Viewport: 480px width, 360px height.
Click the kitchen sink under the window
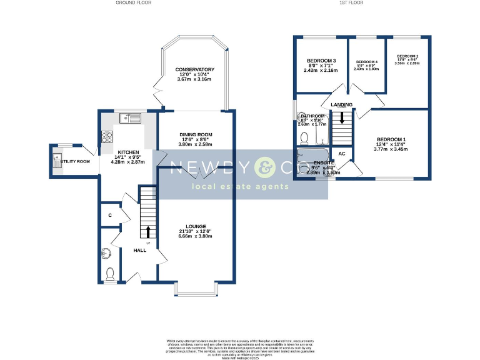(x=132, y=117)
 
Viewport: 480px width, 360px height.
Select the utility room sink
(x=57, y=164)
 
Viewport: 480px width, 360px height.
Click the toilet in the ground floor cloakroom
(x=110, y=274)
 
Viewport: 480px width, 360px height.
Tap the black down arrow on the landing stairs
(x=341, y=116)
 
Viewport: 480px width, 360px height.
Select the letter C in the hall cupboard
(x=109, y=216)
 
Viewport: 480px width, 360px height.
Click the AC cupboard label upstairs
(x=342, y=153)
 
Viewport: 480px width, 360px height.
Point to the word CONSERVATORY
(x=195, y=69)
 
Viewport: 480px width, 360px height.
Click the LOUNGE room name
(x=195, y=226)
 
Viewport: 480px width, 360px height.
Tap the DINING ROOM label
(x=196, y=134)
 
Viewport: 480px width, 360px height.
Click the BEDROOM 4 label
(x=366, y=62)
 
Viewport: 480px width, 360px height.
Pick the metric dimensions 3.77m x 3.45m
(x=391, y=149)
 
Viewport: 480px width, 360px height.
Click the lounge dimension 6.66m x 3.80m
(x=195, y=237)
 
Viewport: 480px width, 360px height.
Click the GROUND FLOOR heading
(x=134, y=3)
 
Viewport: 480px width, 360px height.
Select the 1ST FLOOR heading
(x=351, y=3)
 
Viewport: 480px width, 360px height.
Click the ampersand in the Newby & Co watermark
(x=263, y=167)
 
